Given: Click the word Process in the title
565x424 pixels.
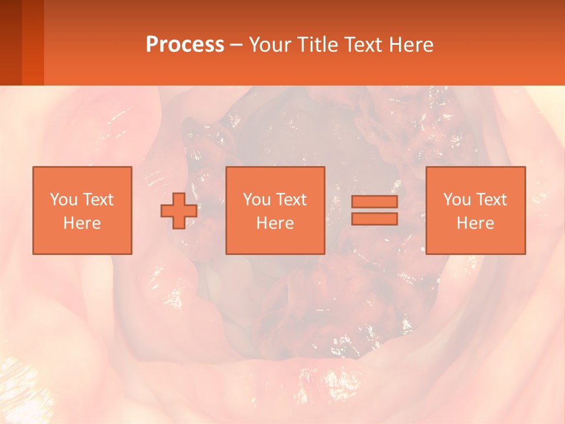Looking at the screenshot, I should (185, 45).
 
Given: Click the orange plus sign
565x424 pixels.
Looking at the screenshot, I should (179, 210).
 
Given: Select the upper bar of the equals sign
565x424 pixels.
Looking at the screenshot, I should (374, 201).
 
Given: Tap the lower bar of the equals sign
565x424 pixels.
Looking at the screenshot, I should (374, 218).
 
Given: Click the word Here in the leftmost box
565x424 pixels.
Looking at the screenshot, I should (82, 223).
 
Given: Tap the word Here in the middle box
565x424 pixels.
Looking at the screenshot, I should (275, 223).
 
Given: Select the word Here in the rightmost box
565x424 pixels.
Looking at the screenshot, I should (476, 223).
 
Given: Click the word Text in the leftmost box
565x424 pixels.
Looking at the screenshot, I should (98, 200).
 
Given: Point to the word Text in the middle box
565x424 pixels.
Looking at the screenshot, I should (291, 200).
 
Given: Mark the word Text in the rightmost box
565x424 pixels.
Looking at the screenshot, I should (491, 200).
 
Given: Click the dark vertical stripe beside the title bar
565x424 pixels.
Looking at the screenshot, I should (11, 42).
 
